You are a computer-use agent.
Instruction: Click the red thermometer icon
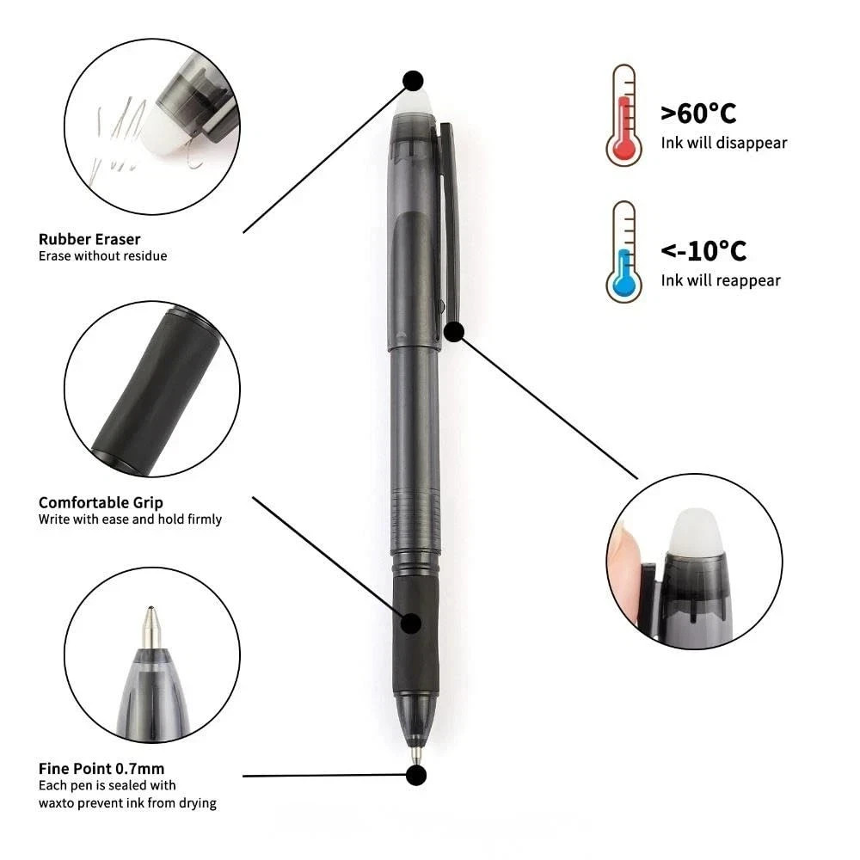point(623,116)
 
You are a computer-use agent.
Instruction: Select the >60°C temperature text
point(698,113)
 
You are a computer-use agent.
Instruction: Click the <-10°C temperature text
point(703,250)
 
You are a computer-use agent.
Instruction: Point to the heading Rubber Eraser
point(89,239)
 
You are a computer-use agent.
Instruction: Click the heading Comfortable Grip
point(101,502)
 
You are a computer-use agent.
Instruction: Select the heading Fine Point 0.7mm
point(101,768)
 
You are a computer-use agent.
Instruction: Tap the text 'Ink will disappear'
point(723,143)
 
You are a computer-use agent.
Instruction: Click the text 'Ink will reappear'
point(721,280)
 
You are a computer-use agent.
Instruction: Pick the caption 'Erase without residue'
point(102,255)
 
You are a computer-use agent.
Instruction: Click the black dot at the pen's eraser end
point(414,80)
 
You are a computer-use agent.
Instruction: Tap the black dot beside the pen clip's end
point(454,331)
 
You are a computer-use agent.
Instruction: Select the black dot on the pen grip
point(412,623)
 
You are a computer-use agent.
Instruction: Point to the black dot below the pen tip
point(416,775)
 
